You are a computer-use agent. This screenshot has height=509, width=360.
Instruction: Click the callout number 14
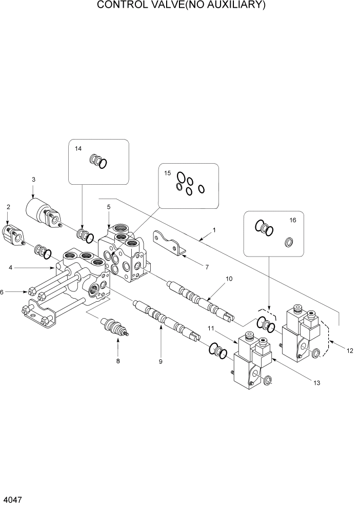78,149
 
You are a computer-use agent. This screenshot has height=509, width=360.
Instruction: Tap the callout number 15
167,173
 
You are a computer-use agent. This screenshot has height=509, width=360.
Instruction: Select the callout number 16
293,220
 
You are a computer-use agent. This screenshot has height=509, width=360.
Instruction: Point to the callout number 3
33,180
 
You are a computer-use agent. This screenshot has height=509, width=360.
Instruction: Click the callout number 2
8,207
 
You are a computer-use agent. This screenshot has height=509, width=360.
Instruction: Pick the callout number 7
207,267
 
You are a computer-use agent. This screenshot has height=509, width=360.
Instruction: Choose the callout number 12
350,351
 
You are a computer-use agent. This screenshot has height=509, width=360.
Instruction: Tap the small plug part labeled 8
114,327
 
